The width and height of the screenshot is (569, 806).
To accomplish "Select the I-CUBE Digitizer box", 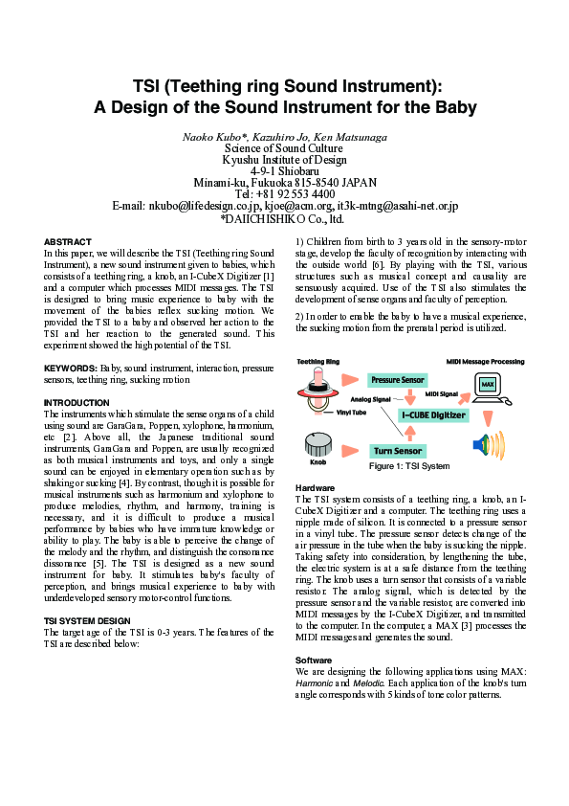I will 432,415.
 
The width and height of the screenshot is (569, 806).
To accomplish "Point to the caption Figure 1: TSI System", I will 408,467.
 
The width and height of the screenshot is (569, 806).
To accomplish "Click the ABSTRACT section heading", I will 68,241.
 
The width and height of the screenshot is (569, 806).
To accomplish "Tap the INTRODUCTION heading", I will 77,402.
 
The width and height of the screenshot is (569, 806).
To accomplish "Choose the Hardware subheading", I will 315,488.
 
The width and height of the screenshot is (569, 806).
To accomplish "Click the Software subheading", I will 314,660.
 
